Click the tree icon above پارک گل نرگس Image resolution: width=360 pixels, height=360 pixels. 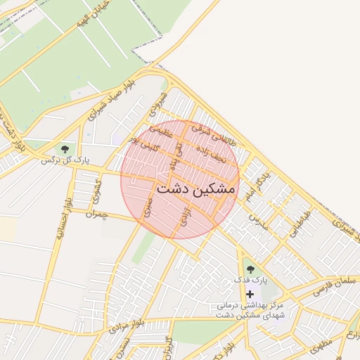pyautogui.click(x=65, y=149)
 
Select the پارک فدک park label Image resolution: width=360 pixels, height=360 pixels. pyautogui.click(x=251, y=281)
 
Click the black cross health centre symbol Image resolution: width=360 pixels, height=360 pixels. pyautogui.click(x=250, y=294)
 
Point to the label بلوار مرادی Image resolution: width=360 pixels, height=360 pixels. pyautogui.click(x=127, y=323)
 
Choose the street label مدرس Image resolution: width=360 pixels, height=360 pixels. pyautogui.click(x=259, y=221)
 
